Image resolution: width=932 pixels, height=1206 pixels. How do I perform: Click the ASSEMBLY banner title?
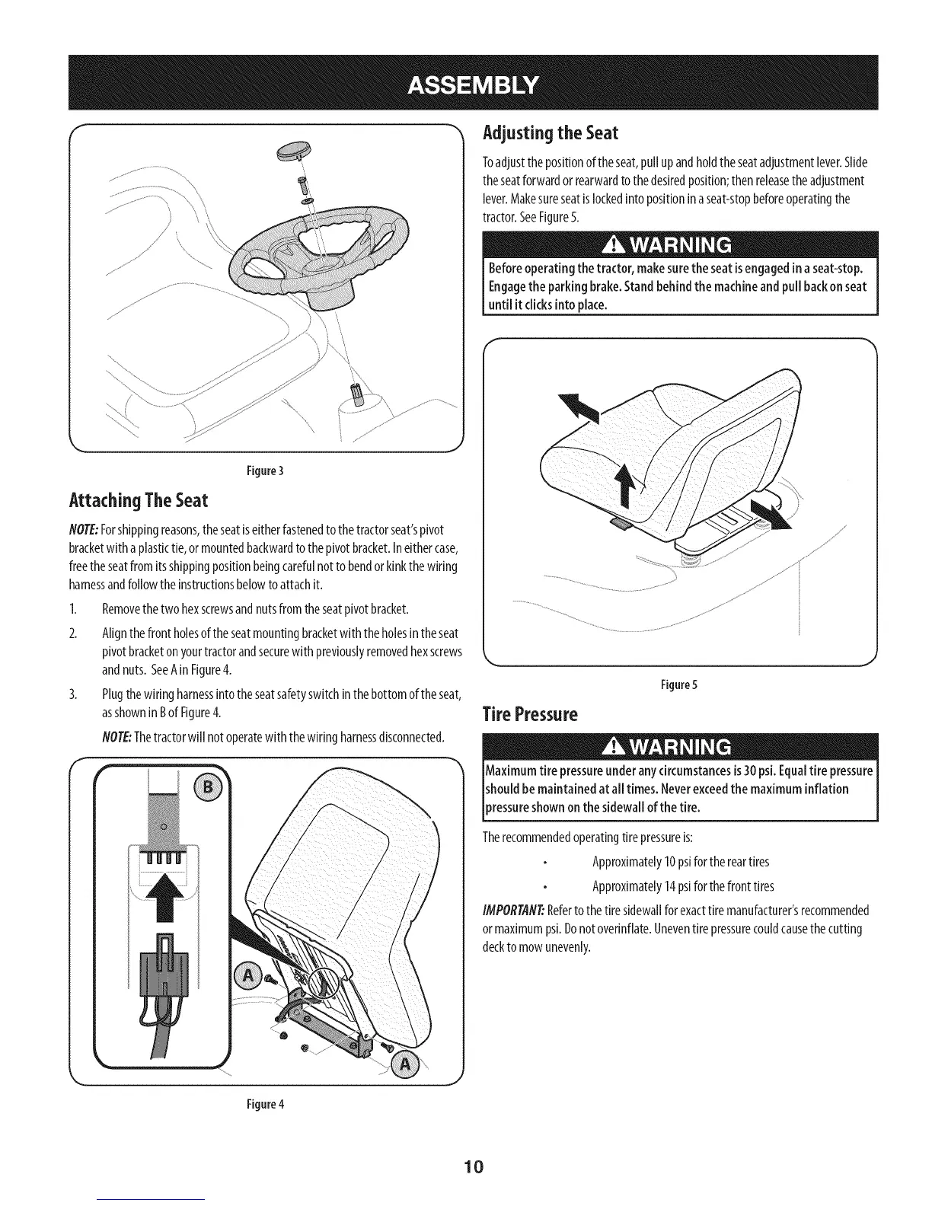tap(472, 83)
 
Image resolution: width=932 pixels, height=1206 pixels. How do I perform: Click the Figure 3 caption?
tap(266, 470)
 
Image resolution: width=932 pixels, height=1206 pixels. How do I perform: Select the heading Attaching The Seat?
tap(138, 501)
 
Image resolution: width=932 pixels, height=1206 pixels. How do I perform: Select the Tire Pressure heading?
tap(530, 715)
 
